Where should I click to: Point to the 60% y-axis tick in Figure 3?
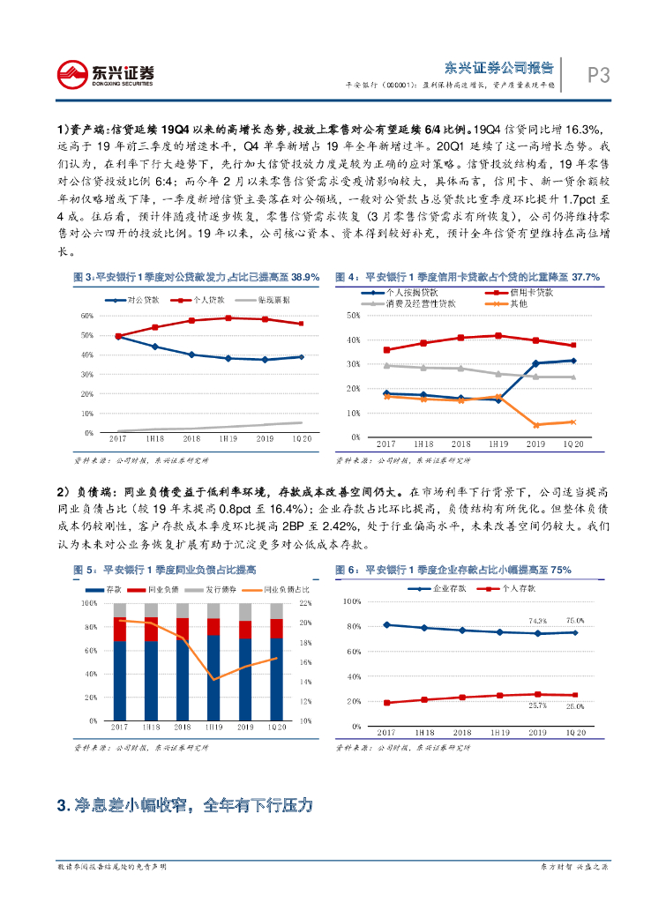click(87, 315)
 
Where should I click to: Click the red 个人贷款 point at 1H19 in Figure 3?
click(228, 317)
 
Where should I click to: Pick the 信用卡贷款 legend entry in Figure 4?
click(530, 292)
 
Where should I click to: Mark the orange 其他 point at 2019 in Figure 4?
click(535, 425)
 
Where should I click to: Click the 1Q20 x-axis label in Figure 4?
click(573, 445)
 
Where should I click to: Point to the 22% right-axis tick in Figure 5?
click(306, 603)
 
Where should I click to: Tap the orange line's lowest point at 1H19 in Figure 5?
click(213, 679)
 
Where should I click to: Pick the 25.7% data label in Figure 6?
click(537, 705)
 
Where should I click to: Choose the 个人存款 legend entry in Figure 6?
click(509, 587)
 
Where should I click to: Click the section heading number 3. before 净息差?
click(62, 806)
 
